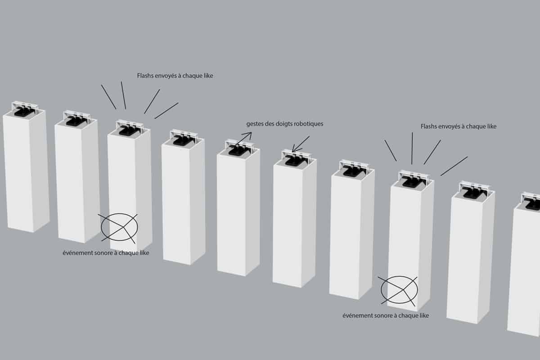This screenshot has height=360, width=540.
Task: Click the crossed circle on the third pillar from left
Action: coord(119,227)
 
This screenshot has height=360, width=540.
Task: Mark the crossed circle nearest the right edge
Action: coord(399,290)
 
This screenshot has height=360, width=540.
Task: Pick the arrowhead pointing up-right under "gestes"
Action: coord(248,135)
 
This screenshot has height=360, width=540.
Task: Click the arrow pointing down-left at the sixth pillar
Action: coord(301,144)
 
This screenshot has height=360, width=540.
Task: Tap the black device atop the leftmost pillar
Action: coord(23,112)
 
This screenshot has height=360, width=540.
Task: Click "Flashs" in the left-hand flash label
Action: coord(145,76)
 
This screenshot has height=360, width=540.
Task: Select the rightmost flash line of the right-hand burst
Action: coord(454,166)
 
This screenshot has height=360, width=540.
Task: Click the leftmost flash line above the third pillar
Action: coord(108,97)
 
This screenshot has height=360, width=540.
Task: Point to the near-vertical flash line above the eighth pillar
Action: coord(412,148)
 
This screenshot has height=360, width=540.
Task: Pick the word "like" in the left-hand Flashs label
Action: coord(208,76)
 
